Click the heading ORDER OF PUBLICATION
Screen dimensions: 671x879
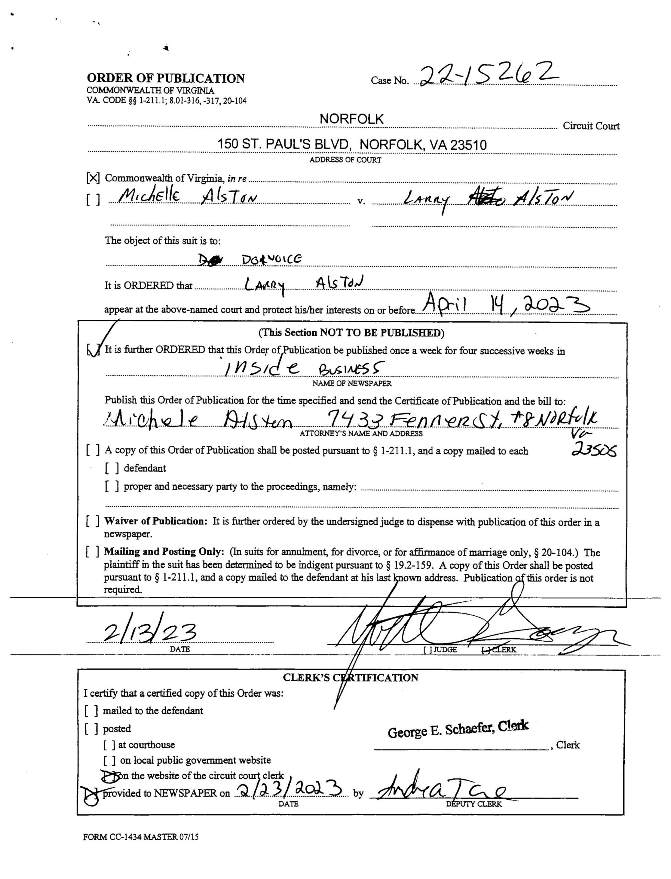pos(166,78)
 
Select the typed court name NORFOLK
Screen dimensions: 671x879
pos(351,119)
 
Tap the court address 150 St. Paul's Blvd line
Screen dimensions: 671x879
pos(352,144)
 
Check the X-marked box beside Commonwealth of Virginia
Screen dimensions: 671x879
pos(93,178)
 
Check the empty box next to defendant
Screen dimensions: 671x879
pos(112,468)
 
